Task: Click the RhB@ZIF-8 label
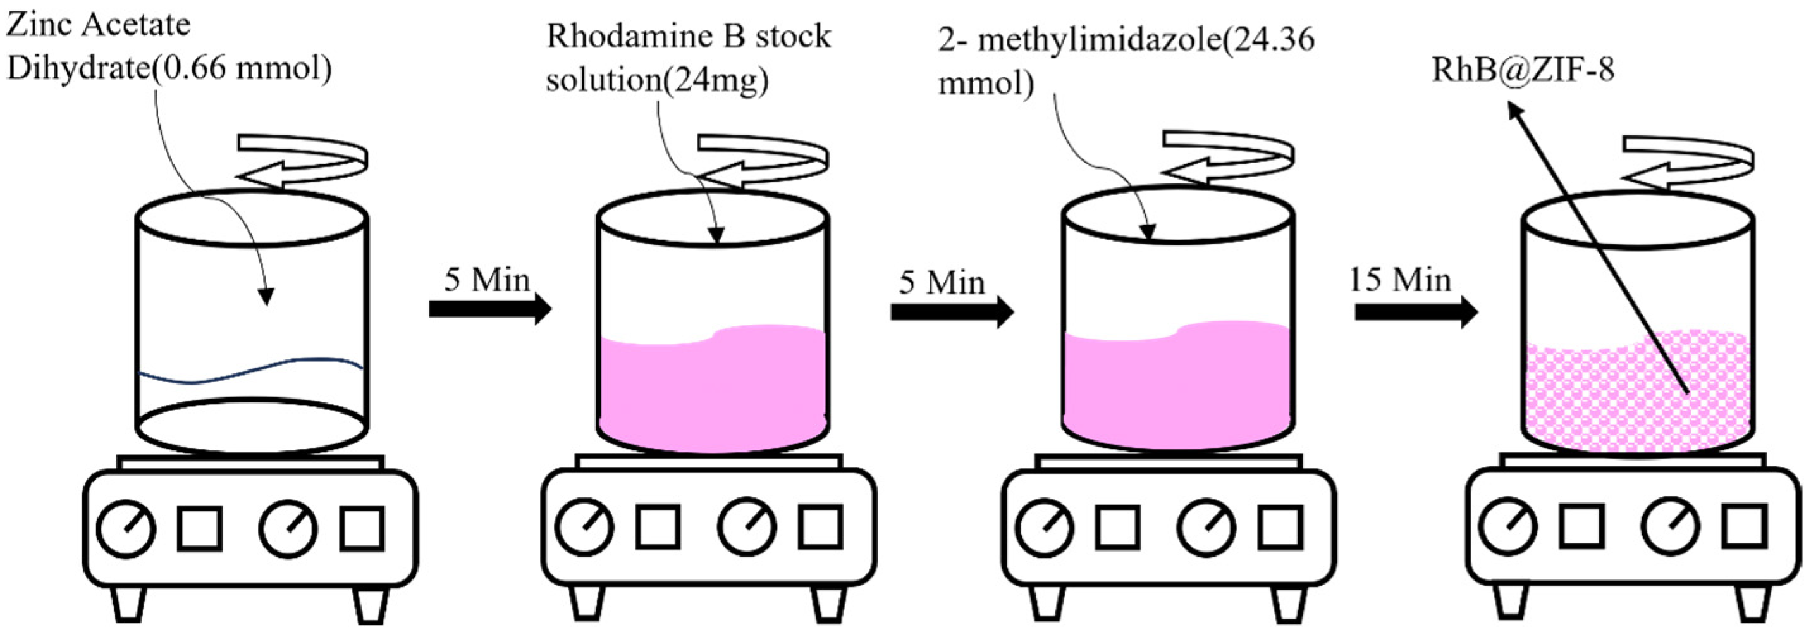(x=1523, y=70)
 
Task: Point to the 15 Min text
(x=1399, y=280)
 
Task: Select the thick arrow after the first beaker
(x=489, y=309)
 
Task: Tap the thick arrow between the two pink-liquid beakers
(x=951, y=311)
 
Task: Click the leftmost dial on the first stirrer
(x=126, y=530)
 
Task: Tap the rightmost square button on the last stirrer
(x=1744, y=526)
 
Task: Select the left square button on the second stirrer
(x=658, y=526)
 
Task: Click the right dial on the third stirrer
(x=1206, y=527)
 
